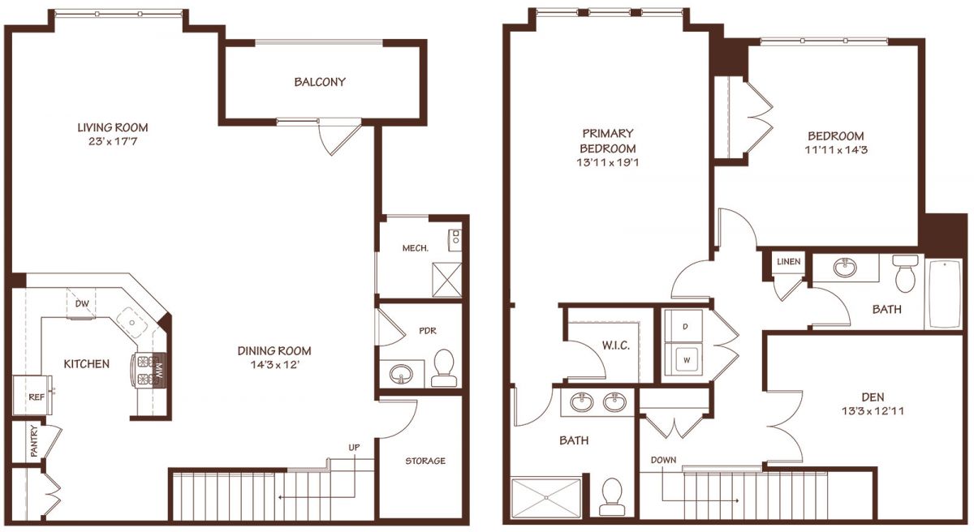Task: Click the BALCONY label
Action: click(x=320, y=82)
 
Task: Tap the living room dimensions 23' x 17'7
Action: click(x=113, y=141)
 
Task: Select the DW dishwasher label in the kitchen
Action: click(x=82, y=303)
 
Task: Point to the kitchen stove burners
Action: click(x=146, y=370)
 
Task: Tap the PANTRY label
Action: click(x=34, y=441)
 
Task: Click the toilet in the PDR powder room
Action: click(x=444, y=368)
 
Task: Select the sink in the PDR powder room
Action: click(x=401, y=374)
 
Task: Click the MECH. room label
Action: click(x=416, y=248)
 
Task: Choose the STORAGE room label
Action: click(x=425, y=461)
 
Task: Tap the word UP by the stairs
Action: click(x=354, y=448)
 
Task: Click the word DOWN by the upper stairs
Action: click(x=664, y=460)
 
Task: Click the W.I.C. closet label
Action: click(x=616, y=345)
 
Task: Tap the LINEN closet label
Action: click(x=789, y=261)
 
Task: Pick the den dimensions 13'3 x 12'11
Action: click(x=873, y=411)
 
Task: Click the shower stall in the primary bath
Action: click(x=545, y=498)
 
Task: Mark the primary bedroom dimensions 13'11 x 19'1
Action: click(x=608, y=163)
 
